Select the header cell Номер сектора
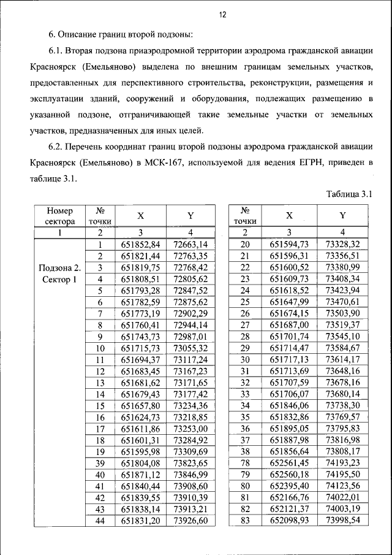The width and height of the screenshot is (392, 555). pyautogui.click(x=59, y=215)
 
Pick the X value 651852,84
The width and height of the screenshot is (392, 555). pyautogui.click(x=140, y=244)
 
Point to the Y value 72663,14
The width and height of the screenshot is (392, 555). pyautogui.click(x=191, y=244)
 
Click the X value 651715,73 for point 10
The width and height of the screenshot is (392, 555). pyautogui.click(x=140, y=348)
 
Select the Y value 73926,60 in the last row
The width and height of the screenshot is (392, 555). pyautogui.click(x=191, y=521)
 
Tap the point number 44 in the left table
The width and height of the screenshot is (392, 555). pyautogui.click(x=99, y=521)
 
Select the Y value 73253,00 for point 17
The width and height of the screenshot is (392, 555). pyautogui.click(x=191, y=429)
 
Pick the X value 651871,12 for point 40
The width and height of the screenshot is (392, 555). pyautogui.click(x=140, y=475)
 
